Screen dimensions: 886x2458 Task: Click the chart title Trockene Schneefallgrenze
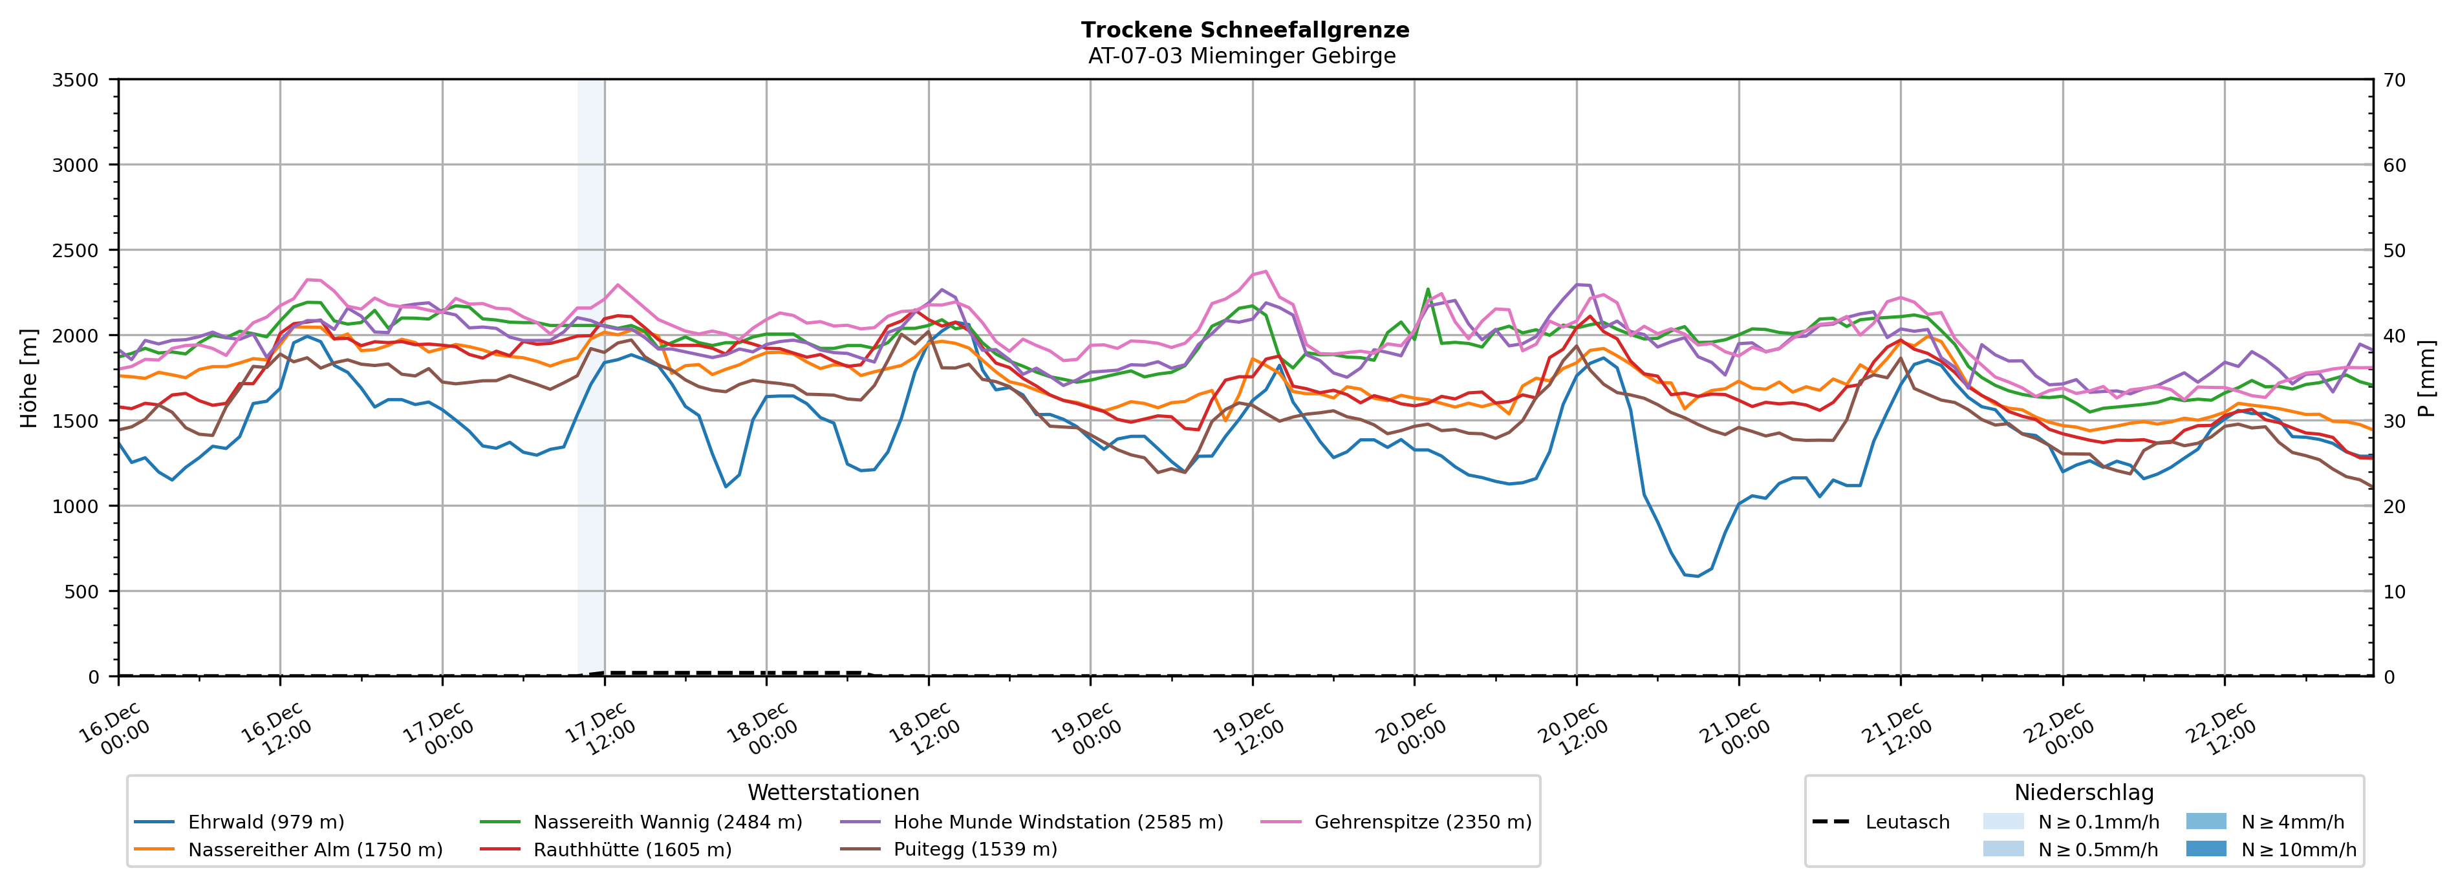[x=1244, y=30]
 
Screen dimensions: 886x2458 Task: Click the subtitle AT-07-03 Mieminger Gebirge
[x=1242, y=56]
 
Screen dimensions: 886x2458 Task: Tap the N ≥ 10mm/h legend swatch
[x=2206, y=849]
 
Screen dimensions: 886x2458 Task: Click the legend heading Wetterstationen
[x=833, y=792]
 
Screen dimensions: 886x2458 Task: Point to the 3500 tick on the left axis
[x=76, y=80]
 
